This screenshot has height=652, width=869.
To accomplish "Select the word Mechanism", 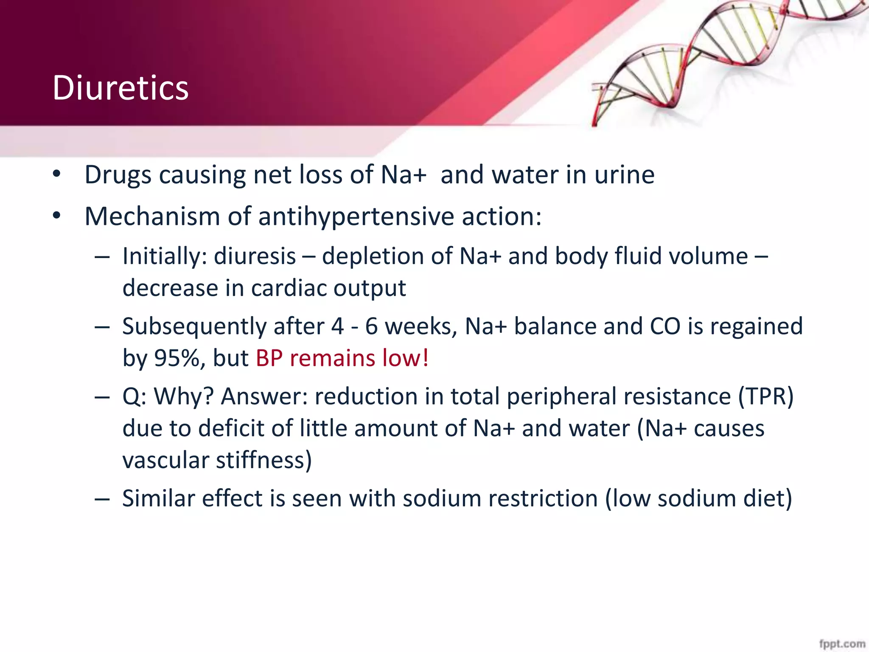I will click(152, 216).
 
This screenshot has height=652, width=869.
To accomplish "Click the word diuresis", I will click(255, 256).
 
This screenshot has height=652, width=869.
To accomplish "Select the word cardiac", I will click(289, 288).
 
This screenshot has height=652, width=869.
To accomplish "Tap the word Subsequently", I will click(194, 326).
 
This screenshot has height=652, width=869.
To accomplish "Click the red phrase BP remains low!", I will click(342, 358).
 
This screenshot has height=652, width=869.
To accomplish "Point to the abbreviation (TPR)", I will click(765, 396).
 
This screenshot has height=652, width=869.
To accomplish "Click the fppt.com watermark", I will click(842, 644).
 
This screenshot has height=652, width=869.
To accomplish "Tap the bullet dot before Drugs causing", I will click(57, 174).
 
